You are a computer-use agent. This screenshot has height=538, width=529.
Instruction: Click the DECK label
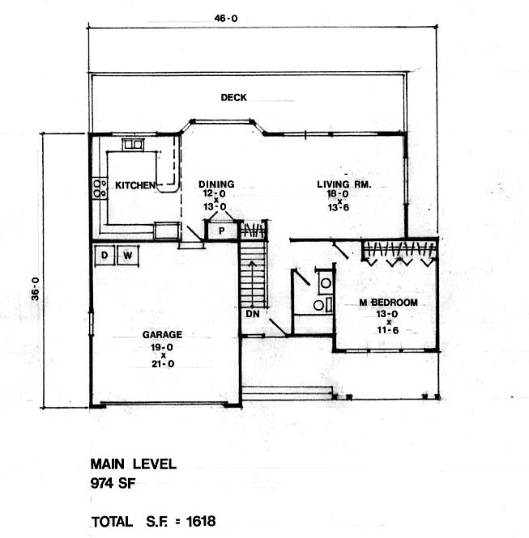click(233, 97)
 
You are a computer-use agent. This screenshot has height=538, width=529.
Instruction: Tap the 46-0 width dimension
click(226, 18)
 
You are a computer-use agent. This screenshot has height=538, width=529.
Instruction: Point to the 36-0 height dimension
click(36, 289)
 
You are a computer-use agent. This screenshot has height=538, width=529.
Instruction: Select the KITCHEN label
click(135, 185)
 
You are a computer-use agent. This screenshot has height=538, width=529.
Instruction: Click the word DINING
click(216, 184)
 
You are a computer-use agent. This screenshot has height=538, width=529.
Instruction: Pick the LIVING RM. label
click(343, 184)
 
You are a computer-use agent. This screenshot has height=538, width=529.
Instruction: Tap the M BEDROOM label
click(389, 303)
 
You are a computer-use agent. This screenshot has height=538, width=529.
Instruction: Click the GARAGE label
click(162, 335)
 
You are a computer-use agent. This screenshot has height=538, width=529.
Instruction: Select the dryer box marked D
click(105, 255)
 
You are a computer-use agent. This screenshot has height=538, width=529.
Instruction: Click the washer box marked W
click(128, 256)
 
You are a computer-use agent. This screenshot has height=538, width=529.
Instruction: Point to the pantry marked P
click(221, 231)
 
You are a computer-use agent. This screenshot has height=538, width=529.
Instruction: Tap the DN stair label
click(253, 314)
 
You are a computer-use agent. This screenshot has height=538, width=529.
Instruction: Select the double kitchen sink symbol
click(133, 144)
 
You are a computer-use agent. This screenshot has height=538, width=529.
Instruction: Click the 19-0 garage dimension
click(162, 347)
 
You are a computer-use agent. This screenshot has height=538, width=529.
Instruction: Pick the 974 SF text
click(113, 484)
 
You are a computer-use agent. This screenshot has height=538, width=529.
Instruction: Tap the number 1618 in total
click(201, 521)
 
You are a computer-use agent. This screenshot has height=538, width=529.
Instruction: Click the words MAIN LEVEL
click(134, 464)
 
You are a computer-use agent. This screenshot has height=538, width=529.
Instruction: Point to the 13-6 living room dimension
click(339, 207)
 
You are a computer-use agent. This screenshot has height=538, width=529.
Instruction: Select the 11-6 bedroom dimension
click(388, 330)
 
